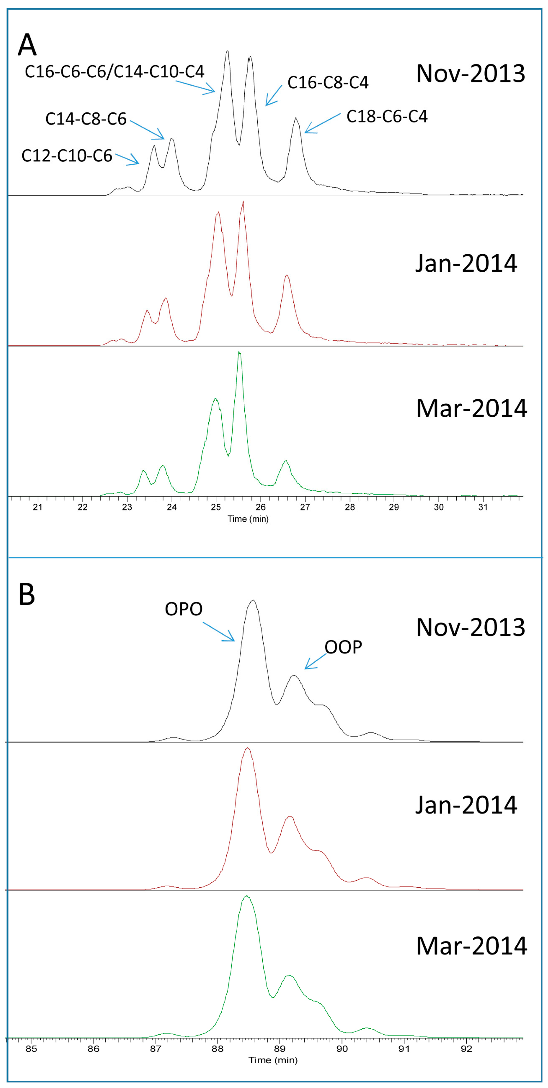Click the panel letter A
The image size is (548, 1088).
[27, 45]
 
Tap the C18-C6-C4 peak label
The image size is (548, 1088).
[387, 116]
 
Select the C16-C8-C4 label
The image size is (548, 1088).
[328, 82]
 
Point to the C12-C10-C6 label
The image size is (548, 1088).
[67, 156]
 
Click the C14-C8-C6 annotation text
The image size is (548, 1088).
[86, 119]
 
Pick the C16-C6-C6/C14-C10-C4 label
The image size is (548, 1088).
[115, 71]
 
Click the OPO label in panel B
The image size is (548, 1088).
[184, 609]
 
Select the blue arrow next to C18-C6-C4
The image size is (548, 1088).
[322, 123]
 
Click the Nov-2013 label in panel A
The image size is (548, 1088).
[470, 74]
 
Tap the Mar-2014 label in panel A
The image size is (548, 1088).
[471, 408]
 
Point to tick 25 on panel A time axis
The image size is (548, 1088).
[216, 507]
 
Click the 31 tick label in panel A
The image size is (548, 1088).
[483, 507]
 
